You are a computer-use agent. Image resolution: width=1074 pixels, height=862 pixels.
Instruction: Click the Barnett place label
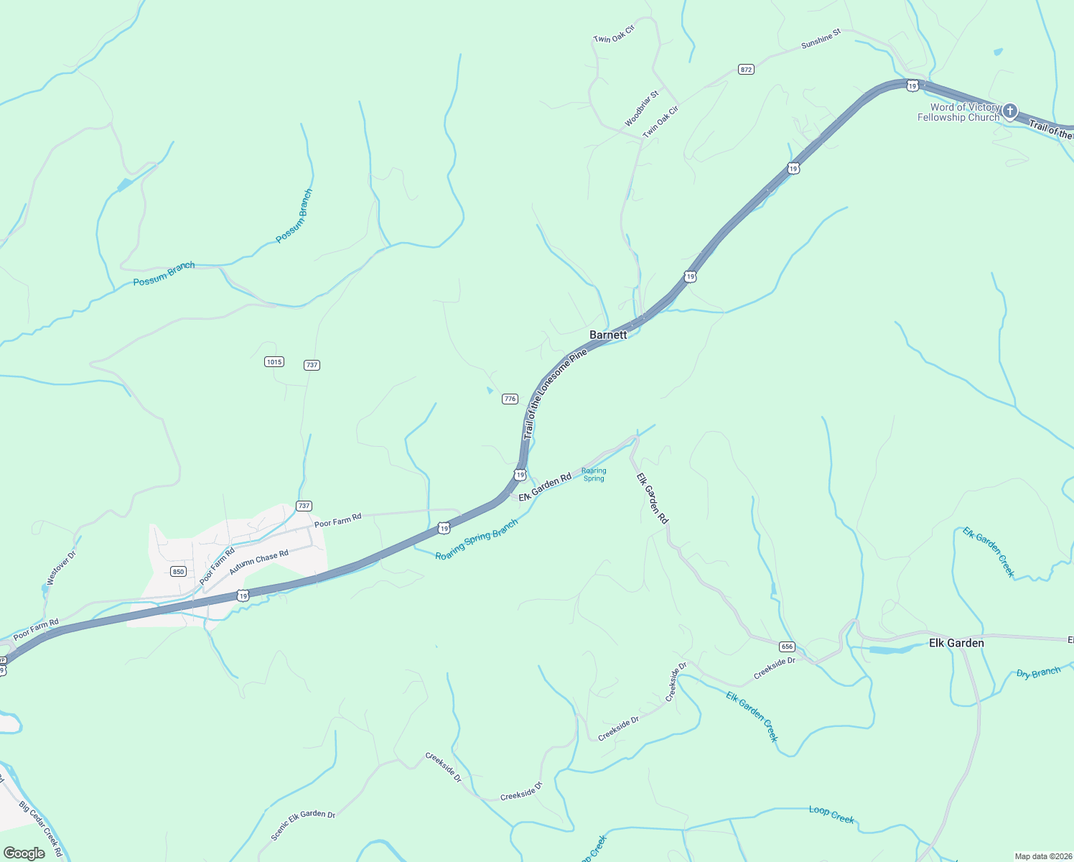[608, 335]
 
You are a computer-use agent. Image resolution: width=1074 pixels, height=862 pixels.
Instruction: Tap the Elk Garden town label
[956, 643]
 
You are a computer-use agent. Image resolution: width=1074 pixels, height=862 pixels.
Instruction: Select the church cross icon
[1010, 111]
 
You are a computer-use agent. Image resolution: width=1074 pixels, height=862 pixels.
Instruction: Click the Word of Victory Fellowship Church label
[958, 112]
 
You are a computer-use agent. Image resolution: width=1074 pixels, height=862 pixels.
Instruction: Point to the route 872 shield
[746, 70]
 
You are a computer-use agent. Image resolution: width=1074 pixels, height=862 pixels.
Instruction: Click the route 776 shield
[510, 399]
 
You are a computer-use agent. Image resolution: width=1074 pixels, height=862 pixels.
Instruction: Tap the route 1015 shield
[274, 362]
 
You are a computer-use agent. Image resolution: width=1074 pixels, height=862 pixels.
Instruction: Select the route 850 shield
[179, 572]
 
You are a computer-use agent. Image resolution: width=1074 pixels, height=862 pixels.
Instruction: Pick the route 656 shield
[787, 646]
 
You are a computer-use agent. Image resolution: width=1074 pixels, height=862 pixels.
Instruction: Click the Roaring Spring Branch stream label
[477, 539]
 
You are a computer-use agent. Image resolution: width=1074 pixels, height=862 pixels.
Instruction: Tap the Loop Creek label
[831, 814]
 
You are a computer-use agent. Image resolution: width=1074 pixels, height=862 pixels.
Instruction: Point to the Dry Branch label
[1038, 673]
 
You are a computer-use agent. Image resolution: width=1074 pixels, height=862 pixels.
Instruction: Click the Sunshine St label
[821, 40]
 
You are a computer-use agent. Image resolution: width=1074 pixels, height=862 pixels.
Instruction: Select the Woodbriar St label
[641, 109]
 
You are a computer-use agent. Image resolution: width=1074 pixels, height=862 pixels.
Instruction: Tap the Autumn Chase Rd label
[258, 562]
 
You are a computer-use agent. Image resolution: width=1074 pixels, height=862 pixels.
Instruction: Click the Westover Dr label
[60, 568]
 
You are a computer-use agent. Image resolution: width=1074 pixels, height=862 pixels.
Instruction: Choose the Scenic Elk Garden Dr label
[303, 825]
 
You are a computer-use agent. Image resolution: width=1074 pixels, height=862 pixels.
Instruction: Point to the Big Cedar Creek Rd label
[41, 830]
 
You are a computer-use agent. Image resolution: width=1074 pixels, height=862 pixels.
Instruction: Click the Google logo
[24, 853]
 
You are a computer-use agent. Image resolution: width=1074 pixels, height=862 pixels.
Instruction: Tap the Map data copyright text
[1041, 856]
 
